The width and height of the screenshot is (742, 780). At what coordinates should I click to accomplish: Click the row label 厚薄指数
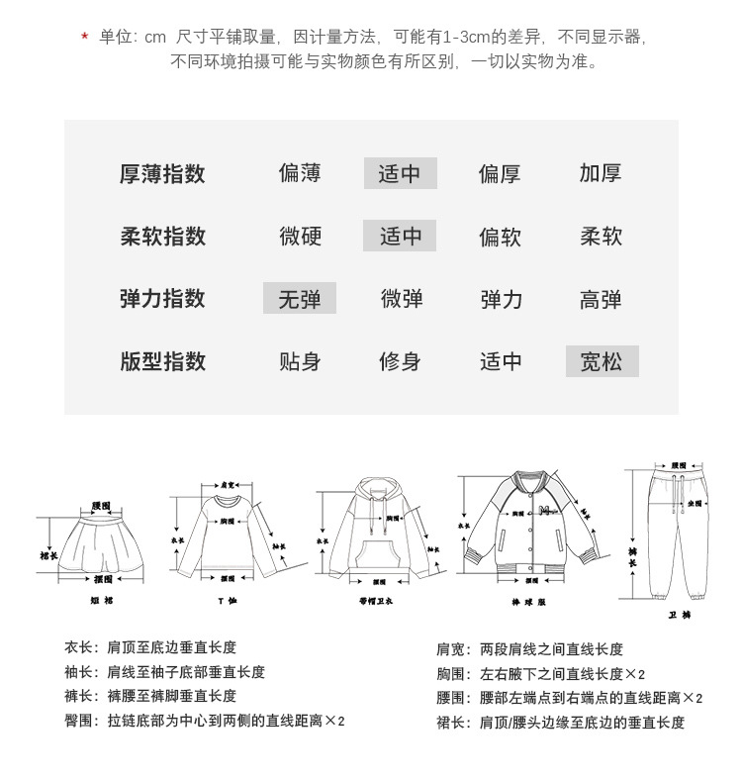click(x=162, y=174)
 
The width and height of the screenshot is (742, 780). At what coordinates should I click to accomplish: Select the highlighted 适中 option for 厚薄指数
click(x=400, y=174)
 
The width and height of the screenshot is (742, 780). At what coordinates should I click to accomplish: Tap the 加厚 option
click(x=601, y=174)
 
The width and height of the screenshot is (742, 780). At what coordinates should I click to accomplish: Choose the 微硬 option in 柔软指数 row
click(x=300, y=237)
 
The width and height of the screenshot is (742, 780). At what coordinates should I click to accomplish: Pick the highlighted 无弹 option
click(x=299, y=299)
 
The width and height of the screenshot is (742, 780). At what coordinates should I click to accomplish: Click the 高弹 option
click(x=601, y=299)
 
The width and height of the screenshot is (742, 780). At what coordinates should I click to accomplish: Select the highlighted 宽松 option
click(x=602, y=361)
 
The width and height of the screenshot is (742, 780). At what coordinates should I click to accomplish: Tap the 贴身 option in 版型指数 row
click(x=300, y=361)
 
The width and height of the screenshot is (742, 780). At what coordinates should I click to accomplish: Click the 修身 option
click(x=400, y=361)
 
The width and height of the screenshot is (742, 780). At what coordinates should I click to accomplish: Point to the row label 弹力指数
click(x=162, y=299)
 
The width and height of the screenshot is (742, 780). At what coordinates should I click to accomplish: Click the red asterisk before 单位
click(x=85, y=38)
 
